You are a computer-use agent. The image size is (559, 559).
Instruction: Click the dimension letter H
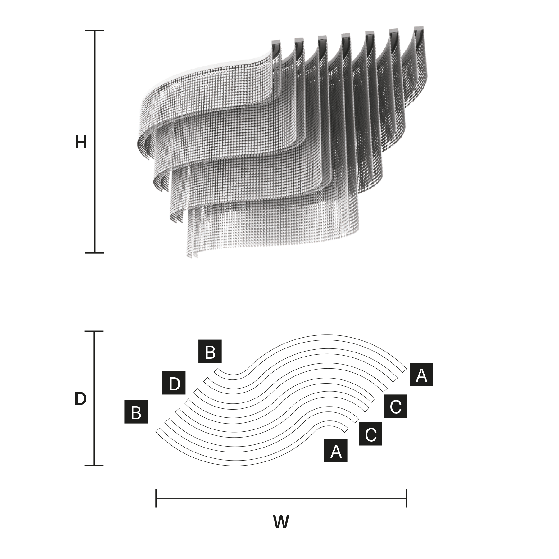(x=81, y=142)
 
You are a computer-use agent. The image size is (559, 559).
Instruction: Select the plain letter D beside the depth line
(x=80, y=399)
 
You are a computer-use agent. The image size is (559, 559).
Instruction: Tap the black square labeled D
(x=174, y=383)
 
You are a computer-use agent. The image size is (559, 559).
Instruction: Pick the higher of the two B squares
(x=210, y=351)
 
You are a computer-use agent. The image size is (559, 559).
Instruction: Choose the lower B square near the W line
(x=136, y=412)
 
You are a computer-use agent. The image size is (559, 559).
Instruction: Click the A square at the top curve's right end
(x=421, y=374)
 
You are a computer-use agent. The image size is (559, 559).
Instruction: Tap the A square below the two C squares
(x=336, y=451)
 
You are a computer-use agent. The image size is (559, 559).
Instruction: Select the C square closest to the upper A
(x=395, y=406)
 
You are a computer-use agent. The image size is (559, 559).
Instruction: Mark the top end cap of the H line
(x=95, y=30)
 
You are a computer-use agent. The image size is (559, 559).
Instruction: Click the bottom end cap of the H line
(x=95, y=253)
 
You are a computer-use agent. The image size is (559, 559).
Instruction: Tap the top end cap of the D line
(x=94, y=331)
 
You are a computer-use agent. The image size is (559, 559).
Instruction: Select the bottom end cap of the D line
(x=94, y=466)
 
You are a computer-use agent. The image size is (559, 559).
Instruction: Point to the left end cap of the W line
(x=156, y=498)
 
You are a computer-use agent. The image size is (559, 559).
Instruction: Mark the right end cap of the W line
(x=406, y=498)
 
